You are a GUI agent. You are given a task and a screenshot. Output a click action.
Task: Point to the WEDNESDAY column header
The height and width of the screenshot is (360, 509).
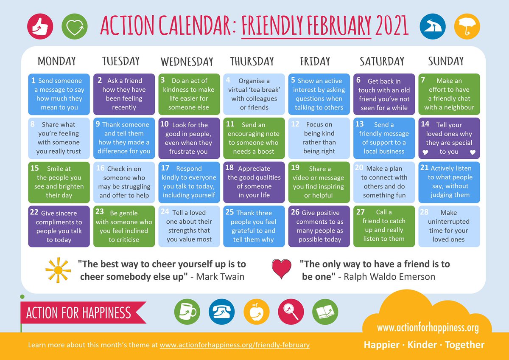[187, 62]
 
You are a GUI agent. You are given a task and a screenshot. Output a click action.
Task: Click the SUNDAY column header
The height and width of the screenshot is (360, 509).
[446, 61]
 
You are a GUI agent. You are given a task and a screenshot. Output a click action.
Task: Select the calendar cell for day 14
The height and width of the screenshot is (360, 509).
[449, 138]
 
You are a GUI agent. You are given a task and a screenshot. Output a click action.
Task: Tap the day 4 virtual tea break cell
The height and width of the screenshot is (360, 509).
[254, 94]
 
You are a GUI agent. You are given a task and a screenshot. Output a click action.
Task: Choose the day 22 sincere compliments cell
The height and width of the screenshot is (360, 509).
[59, 226]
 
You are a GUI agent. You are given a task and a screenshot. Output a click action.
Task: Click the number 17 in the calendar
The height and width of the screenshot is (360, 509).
[165, 168]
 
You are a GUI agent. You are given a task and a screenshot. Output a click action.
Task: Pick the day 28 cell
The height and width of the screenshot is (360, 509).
[449, 226]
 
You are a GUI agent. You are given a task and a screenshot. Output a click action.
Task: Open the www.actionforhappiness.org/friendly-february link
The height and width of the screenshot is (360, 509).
[235, 345]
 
